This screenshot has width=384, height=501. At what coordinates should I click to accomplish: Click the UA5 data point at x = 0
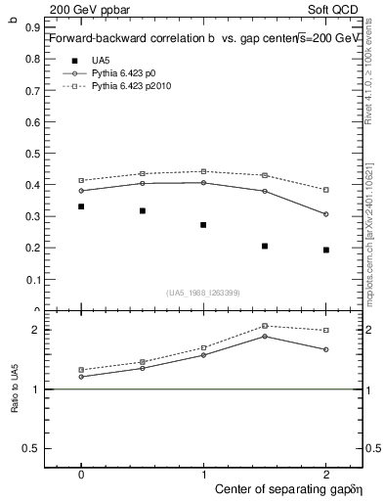click(x=81, y=206)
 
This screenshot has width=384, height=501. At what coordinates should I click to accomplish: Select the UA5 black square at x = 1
click(x=203, y=225)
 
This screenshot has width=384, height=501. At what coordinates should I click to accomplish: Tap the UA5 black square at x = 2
click(x=326, y=250)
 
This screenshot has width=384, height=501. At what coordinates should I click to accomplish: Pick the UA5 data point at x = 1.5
click(x=265, y=246)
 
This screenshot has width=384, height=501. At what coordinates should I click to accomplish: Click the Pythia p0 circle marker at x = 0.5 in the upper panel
click(x=143, y=183)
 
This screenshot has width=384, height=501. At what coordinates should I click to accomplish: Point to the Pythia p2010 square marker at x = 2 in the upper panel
click(x=326, y=190)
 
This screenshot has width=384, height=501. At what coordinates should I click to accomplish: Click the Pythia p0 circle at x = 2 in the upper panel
click(x=326, y=214)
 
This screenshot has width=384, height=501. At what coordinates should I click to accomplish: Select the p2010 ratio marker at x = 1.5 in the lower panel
click(x=265, y=326)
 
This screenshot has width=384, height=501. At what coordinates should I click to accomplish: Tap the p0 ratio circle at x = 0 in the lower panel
click(x=81, y=377)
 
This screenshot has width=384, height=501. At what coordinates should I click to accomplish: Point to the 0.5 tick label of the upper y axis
click(x=33, y=154)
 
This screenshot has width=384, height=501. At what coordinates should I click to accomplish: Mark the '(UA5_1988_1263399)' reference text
click(x=203, y=293)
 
